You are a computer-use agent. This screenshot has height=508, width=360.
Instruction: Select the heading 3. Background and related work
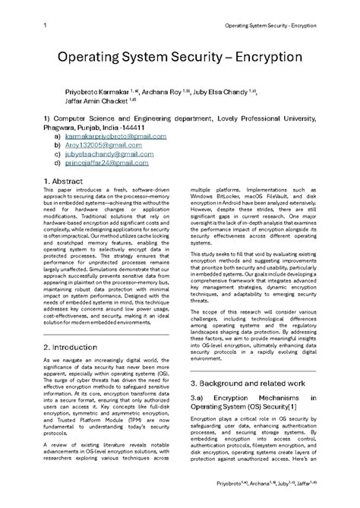pos(248,405)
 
